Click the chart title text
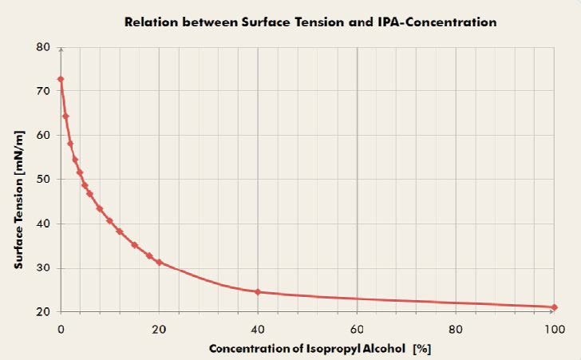pos(310,22)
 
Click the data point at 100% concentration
pos(554,307)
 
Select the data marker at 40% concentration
pos(258,292)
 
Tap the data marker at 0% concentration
pos(61,80)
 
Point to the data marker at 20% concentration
pos(159,262)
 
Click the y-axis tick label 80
pos(45,47)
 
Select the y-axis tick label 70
pos(45,91)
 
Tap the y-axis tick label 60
pos(45,136)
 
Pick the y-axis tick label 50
pos(45,180)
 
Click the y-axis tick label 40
pos(45,224)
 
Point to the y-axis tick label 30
pos(45,268)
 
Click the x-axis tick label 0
pos(61,328)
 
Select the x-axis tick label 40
pos(258,328)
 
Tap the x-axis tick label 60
pos(357,328)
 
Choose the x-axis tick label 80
pos(455,328)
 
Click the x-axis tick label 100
pos(553,328)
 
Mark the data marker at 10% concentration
pos(109,221)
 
